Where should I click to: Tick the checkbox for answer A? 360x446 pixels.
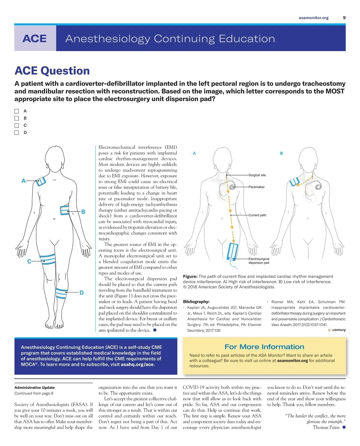(17, 111)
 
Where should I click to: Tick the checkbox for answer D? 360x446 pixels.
(17, 133)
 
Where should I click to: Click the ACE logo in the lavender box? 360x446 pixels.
(35, 38)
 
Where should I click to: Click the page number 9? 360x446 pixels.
(344, 18)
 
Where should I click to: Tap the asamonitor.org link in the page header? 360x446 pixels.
(313, 18)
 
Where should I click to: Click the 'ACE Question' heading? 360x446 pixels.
(52, 71)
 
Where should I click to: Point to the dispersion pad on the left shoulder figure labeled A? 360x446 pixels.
(41, 181)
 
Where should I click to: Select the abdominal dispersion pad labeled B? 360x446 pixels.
(65, 210)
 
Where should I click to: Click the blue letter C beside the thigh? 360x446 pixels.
(29, 261)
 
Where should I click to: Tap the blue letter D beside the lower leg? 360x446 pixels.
(81, 293)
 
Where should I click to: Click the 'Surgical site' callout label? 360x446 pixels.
(257, 175)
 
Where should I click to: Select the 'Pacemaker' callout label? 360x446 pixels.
(256, 187)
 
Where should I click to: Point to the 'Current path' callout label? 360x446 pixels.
(257, 215)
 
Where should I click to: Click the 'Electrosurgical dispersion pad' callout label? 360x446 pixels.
(259, 261)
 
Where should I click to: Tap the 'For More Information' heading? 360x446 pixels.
(264, 347)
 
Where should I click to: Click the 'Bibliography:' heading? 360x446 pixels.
(196, 302)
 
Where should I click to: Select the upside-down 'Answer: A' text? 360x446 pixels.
(337, 330)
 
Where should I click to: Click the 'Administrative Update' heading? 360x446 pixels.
(34, 387)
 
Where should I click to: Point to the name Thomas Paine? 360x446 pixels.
(326, 427)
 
